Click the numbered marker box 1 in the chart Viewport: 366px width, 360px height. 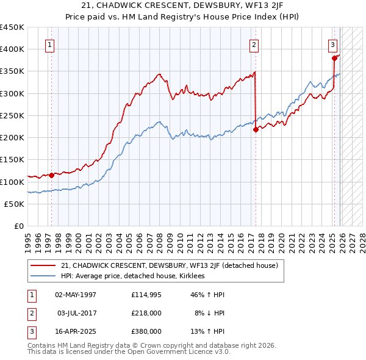coord(49,44)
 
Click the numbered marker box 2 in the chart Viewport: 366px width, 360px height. coord(253,44)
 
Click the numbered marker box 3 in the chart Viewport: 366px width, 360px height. coord(332,44)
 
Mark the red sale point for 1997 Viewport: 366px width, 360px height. coord(51,175)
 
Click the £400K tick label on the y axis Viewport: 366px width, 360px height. coord(12,49)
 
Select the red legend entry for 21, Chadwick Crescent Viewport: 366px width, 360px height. coord(170,265)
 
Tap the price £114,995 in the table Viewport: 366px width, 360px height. coord(146,295)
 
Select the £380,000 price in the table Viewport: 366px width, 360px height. coord(146,331)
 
